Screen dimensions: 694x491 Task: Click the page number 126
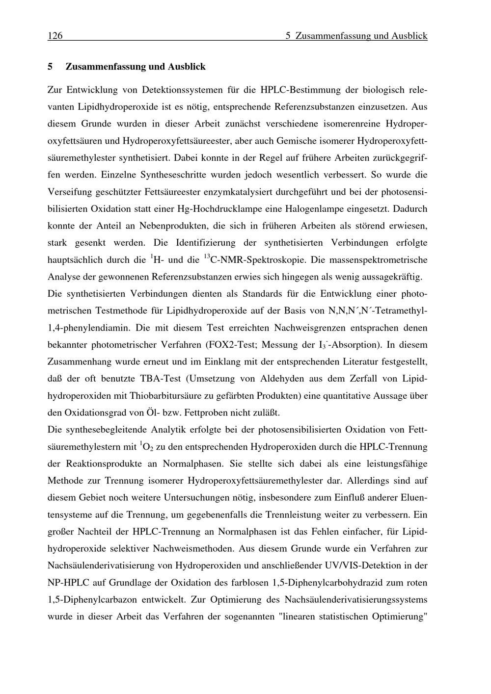(x=55, y=36)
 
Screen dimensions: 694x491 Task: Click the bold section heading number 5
(x=50, y=66)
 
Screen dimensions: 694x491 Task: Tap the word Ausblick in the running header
(x=409, y=36)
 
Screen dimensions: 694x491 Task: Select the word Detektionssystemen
(x=182, y=90)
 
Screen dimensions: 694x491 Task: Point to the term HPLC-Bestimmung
(x=300, y=90)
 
